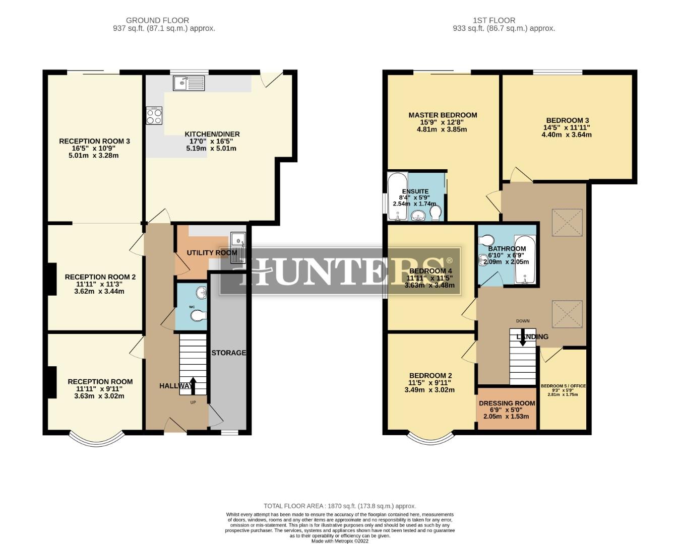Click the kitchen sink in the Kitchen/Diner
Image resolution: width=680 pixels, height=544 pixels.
click(x=189, y=83)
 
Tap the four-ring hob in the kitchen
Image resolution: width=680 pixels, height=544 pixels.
click(x=154, y=116)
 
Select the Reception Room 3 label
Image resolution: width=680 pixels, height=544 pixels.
click(x=94, y=141)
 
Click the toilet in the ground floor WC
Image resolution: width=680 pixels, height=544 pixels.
click(x=199, y=316)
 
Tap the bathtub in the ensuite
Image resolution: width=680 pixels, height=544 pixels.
click(x=397, y=196)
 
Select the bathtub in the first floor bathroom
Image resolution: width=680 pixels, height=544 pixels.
click(x=524, y=260)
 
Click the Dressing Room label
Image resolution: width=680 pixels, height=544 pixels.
click(x=507, y=403)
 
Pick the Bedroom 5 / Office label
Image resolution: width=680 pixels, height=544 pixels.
click(x=563, y=386)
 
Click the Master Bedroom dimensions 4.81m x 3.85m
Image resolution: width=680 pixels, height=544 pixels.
click(x=442, y=129)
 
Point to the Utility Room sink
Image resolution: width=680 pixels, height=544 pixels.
click(x=238, y=247)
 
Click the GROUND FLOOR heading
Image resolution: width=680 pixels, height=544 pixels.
click(x=157, y=21)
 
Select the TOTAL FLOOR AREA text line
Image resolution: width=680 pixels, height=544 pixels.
click(x=340, y=506)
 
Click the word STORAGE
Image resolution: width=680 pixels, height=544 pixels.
click(x=228, y=353)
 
